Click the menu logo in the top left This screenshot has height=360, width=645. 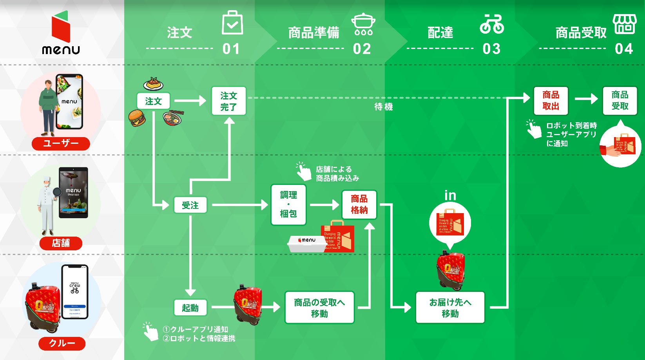61,33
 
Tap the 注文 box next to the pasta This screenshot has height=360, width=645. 153,101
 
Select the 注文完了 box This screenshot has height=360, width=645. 229,101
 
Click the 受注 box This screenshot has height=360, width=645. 190,205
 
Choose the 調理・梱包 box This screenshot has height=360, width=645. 288,204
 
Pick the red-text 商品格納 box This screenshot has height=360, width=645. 359,204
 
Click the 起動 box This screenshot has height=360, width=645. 190,308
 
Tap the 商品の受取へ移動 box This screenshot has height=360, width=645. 319,308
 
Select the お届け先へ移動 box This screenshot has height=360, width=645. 450,308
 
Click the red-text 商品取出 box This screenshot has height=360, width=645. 551,101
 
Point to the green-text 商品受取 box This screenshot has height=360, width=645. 620,101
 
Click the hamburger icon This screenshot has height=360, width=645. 137,118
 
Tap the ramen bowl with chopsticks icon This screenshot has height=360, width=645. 173,118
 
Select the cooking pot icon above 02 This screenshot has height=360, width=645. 363,24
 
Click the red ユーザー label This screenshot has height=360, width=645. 61,143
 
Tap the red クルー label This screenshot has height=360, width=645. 62,343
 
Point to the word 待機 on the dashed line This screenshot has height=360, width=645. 383,107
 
